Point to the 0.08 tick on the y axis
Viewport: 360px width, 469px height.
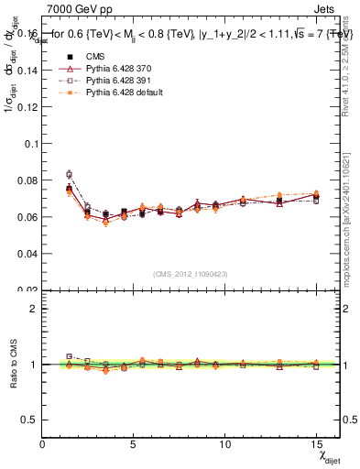pos(27,180)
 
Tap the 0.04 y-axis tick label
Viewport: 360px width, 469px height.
pos(27,253)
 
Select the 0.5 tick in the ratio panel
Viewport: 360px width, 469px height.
pos(30,420)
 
